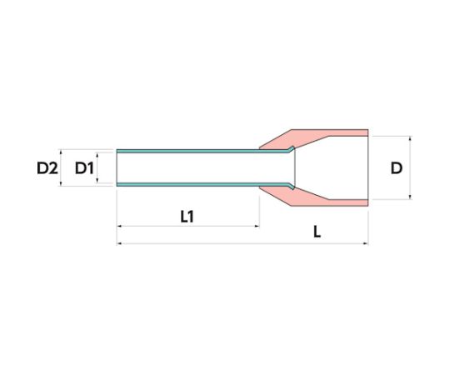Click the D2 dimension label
click(x=47, y=168)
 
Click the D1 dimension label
click(x=84, y=168)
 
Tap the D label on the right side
click(x=397, y=168)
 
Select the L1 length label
click(x=187, y=217)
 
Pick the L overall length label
click(x=317, y=232)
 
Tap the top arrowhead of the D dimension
click(x=410, y=138)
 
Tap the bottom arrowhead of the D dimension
click(x=410, y=197)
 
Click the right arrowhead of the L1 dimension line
click(x=257, y=226)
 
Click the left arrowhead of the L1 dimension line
click(x=119, y=226)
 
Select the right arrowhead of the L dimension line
click(x=366, y=243)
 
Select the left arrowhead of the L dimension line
click(x=119, y=243)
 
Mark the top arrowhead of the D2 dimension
click(x=61, y=152)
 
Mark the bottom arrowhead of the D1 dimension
click(x=97, y=181)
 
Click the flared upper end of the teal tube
click(x=291, y=149)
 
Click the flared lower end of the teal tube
click(x=291, y=186)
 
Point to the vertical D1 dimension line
click(x=97, y=167)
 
